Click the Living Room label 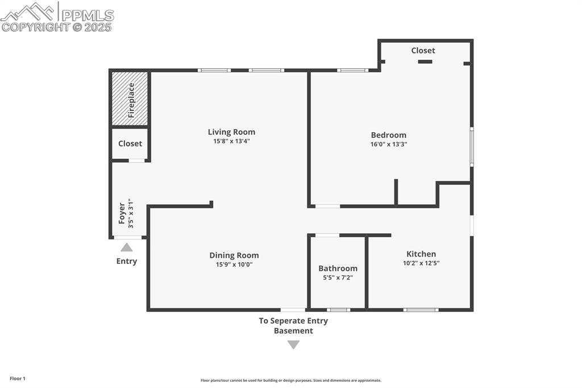coord(231,132)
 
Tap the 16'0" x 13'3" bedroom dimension coord(388,145)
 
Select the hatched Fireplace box coord(130,98)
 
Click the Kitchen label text coord(421,254)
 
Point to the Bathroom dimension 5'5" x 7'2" coord(338,278)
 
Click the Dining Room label coord(234,255)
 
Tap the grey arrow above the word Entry coord(127,247)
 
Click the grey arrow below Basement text coord(293,344)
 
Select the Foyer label coord(122,213)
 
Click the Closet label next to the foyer coord(130,143)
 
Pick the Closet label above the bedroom coord(423,51)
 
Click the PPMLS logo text coord(86,15)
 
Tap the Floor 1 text coord(17,378)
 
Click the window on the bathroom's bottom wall coord(338,310)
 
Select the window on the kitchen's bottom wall coord(421,310)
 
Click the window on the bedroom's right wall coord(471,147)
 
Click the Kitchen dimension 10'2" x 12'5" coord(421,263)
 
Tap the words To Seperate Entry coord(293,320)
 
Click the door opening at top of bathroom coord(327,235)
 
